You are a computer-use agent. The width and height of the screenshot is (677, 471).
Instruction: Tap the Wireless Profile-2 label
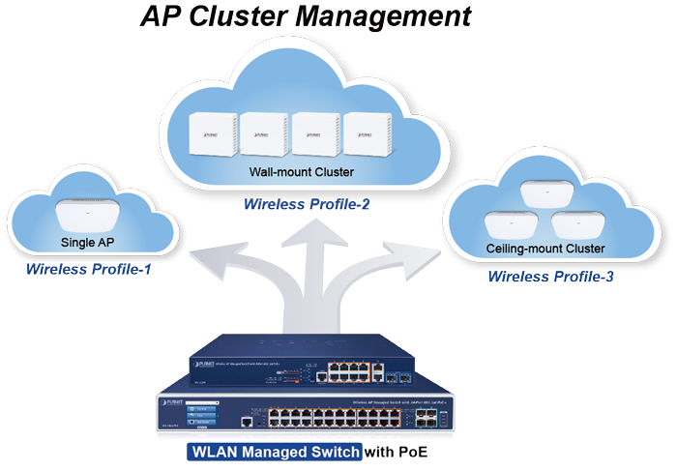click(x=307, y=204)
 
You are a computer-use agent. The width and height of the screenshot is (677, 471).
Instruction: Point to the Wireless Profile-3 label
click(x=550, y=277)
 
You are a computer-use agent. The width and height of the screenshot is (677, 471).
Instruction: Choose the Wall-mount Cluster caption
click(x=301, y=173)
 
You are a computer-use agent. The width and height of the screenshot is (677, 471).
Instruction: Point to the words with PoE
click(x=395, y=452)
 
